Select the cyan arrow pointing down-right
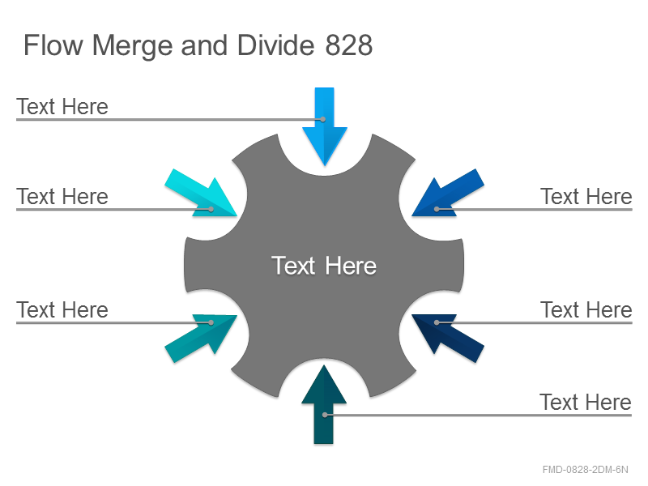(201, 193)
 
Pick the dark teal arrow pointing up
(324, 405)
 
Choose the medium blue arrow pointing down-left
(448, 193)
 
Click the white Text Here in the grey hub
(324, 266)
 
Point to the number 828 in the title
(349, 45)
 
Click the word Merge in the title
(132, 46)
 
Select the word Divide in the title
(276, 45)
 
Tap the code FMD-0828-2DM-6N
(585, 470)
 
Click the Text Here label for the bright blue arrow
(62, 107)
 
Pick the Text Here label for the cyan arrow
(62, 196)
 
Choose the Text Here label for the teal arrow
(62, 310)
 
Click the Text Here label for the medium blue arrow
(586, 196)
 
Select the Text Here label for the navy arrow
(586, 310)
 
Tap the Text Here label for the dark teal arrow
(585, 402)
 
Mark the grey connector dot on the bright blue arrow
(323, 119)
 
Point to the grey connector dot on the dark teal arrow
(326, 415)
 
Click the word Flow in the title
(53, 45)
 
